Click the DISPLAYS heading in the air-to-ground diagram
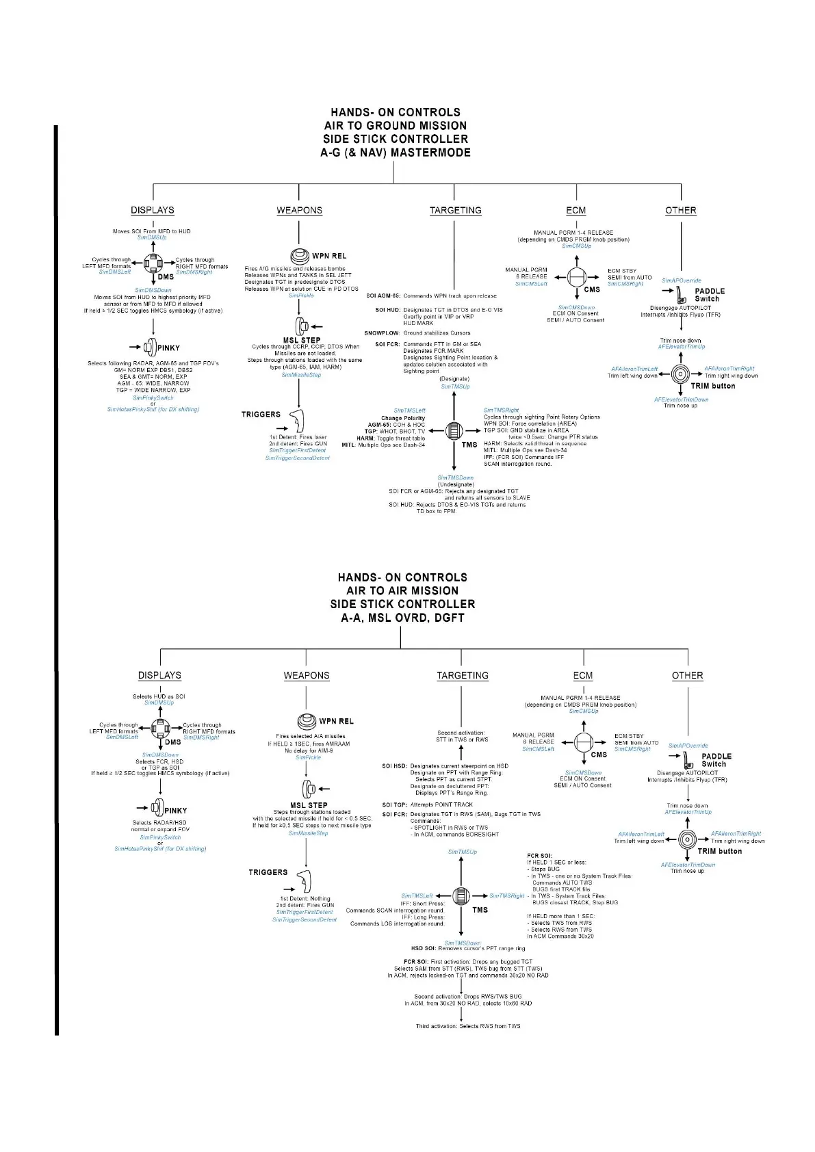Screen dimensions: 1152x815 click(153, 210)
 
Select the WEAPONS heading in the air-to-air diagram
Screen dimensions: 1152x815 click(307, 675)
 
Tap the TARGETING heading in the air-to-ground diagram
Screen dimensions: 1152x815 click(455, 210)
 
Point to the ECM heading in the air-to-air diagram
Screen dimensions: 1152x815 click(583, 675)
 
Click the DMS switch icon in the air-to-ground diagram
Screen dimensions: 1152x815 click(153, 263)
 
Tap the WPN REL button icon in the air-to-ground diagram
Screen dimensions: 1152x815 click(299, 257)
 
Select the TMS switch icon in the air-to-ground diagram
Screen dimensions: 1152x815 click(454, 431)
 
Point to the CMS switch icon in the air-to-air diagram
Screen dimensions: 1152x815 click(583, 742)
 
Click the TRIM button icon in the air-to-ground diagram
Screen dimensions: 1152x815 click(680, 374)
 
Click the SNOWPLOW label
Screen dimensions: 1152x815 click(382, 333)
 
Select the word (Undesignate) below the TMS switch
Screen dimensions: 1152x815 click(456, 484)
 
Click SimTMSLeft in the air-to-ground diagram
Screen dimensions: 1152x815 click(409, 410)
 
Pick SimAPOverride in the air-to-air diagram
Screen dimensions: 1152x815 click(688, 746)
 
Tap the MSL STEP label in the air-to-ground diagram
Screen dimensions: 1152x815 click(302, 340)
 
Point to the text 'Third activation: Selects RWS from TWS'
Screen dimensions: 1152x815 click(468, 1026)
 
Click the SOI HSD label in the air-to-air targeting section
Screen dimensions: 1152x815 click(394, 766)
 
